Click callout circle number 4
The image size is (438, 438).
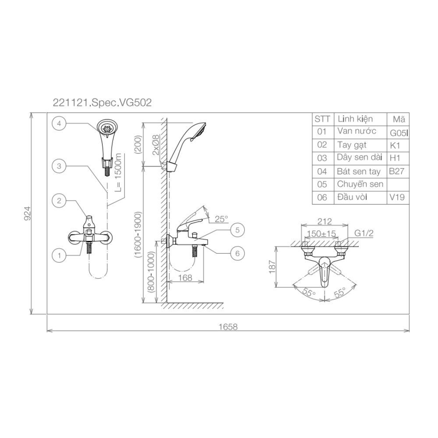[58, 124]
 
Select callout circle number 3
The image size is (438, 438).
[58, 166]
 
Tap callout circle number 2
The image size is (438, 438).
[58, 201]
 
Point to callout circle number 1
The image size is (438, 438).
[58, 254]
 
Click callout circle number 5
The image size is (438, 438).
[237, 229]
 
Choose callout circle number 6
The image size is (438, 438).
[237, 253]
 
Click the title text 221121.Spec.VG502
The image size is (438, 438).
[102, 103]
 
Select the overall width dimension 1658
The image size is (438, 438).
[228, 327]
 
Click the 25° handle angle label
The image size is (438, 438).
[222, 219]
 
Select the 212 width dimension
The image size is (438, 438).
[325, 221]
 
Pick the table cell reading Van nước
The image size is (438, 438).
[357, 131]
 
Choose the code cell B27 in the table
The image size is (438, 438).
[396, 171]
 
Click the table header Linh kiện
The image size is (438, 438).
[355, 119]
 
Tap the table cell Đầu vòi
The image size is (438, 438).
[353, 197]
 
